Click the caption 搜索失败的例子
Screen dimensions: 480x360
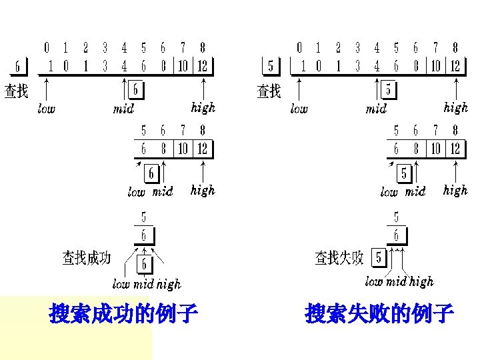coord(379,313)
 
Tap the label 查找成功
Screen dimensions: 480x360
coord(87,257)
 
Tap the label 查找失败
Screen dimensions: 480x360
coord(339,257)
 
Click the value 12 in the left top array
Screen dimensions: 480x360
coord(202,66)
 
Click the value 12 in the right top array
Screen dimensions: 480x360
coord(455,66)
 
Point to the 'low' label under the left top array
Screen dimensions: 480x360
coord(47,109)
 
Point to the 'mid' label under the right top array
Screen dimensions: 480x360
coord(376,109)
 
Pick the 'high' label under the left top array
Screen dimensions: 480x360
coord(203,107)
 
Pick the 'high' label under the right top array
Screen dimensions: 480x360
coord(456,107)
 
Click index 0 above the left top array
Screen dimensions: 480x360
coord(46,48)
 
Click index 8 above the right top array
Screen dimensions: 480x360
coord(455,48)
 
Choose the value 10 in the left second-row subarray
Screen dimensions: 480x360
coord(183,148)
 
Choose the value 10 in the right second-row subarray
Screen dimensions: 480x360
coord(435,148)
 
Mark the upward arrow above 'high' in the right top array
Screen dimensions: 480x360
coord(456,89)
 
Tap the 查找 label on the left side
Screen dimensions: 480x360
coord(17,91)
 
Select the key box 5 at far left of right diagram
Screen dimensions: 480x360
coord(270,67)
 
